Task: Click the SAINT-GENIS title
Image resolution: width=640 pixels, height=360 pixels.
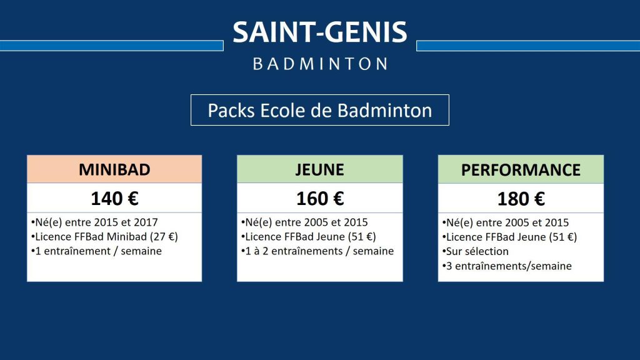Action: (320, 32)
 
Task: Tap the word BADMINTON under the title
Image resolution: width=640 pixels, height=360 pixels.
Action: (320, 64)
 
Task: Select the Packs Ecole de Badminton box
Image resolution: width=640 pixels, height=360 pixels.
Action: (320, 110)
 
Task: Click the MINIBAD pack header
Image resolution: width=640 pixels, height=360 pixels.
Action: (114, 169)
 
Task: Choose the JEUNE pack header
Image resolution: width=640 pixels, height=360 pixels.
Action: (320, 169)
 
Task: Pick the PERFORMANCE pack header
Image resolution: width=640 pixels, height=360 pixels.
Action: (521, 170)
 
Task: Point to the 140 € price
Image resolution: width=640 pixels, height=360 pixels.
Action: (114, 199)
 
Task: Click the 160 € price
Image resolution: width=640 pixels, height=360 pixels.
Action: (320, 199)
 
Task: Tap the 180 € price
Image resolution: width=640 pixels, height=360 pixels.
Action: (521, 199)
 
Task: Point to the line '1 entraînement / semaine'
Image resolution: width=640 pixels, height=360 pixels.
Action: (96, 251)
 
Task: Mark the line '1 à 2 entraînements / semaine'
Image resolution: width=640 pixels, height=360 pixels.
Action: (317, 251)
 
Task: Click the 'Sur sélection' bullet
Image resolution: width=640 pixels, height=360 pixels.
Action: (475, 251)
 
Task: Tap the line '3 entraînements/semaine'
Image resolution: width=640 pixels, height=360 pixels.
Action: (507, 266)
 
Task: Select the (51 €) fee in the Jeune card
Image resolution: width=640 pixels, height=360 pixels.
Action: (362, 237)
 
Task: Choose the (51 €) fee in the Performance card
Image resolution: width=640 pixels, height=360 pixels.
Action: (562, 237)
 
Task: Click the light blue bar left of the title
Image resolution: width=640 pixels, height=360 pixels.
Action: (111, 46)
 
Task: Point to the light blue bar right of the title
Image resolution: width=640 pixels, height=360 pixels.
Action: (528, 46)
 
